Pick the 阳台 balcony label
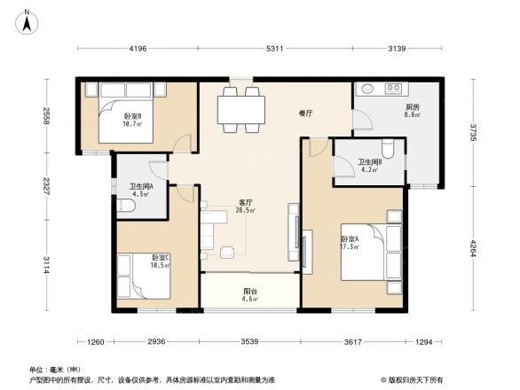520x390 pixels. coord(251,294)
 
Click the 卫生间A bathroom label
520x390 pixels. coord(141,189)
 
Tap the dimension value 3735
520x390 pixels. coord(474,133)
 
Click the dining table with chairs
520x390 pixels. coord(241,110)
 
